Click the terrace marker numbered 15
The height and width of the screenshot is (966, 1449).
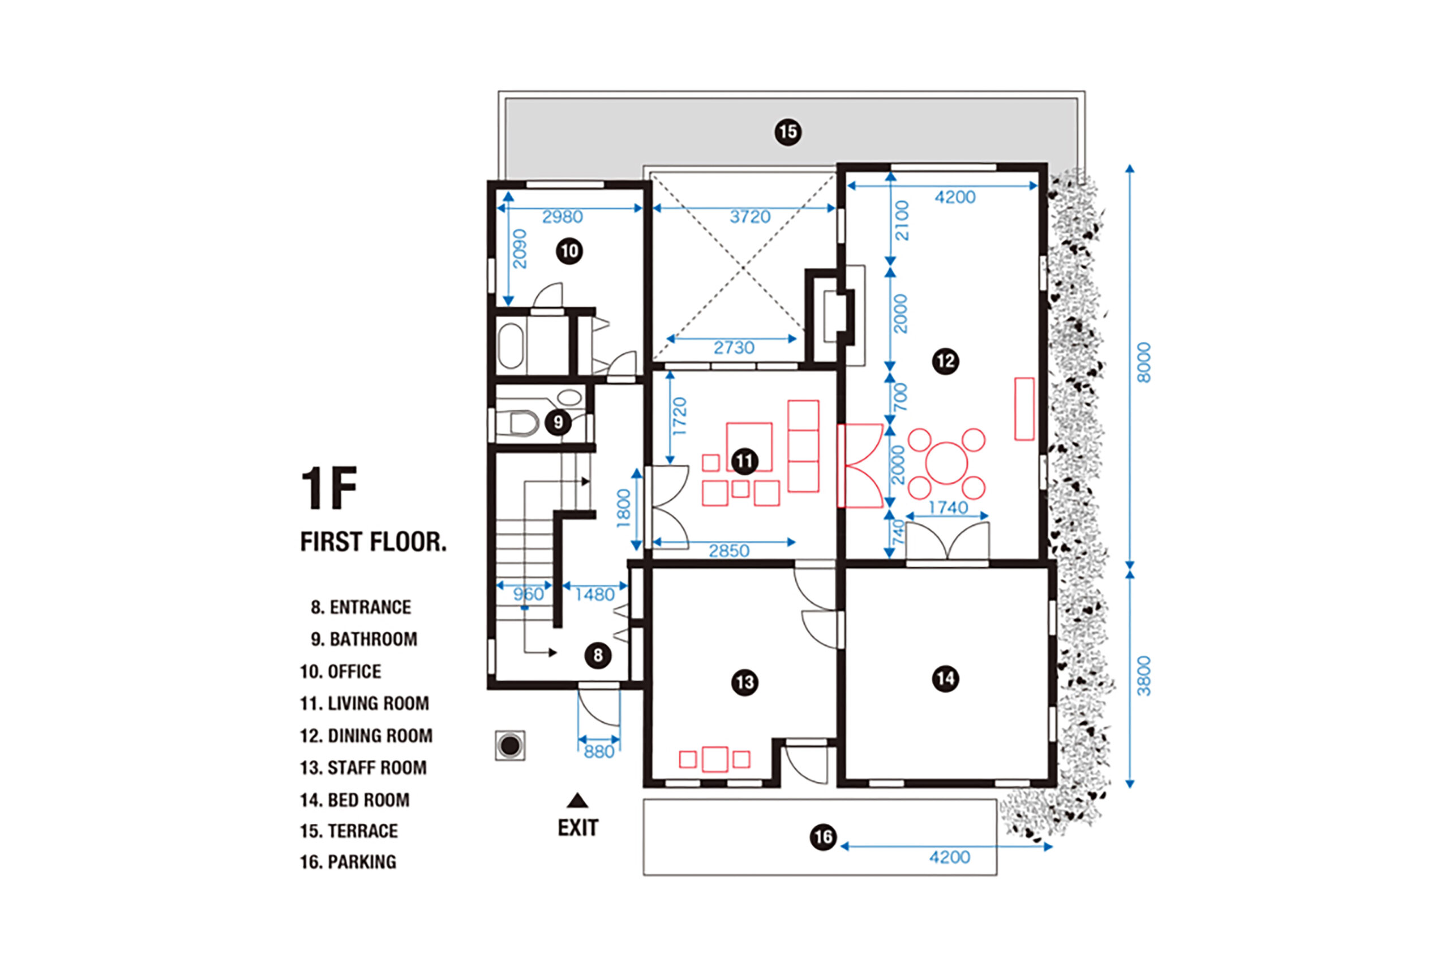pos(788,132)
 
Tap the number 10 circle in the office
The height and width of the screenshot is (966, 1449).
pos(569,251)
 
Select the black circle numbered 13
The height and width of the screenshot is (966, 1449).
pos(744,682)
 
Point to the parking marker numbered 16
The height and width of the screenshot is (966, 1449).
pos(824,837)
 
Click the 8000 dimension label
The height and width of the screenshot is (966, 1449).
pos(1143,362)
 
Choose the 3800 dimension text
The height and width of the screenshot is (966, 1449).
pos(1143,677)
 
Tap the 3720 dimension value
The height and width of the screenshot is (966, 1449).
pos(750,217)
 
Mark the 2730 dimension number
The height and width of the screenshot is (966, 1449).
pos(734,348)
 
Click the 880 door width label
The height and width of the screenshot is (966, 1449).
pos(599,751)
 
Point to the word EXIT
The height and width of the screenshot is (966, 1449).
pos(578,828)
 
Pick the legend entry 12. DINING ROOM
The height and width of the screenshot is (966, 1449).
pos(366,736)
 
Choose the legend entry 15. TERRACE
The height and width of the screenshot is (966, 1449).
pos(349,831)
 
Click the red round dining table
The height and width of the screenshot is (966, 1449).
pos(946,463)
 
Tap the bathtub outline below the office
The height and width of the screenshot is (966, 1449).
pos(511,345)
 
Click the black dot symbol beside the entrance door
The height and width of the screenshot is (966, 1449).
pos(510,745)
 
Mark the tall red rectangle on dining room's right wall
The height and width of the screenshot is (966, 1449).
pos(1024,409)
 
